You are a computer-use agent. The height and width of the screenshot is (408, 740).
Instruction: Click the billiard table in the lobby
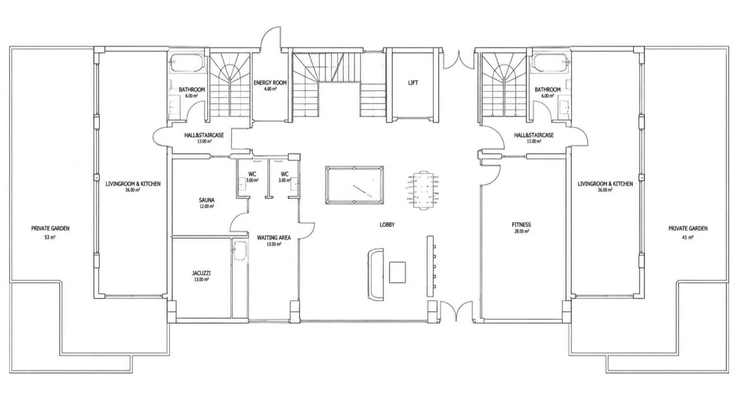pyautogui.click(x=354, y=185)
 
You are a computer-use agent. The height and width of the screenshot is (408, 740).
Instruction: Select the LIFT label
pyautogui.click(x=413, y=83)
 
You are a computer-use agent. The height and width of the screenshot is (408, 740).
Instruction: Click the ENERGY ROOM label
pyautogui.click(x=270, y=83)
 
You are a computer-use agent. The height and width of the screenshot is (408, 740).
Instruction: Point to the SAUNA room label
pyautogui.click(x=206, y=200)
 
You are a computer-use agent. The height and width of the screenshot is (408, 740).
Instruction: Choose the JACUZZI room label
pyautogui.click(x=201, y=273)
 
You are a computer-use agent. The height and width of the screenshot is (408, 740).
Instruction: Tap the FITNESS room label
pyautogui.click(x=521, y=225)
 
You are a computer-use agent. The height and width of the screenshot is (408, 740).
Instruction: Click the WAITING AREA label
pyautogui.click(x=274, y=238)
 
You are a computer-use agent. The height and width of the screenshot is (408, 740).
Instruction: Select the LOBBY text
pyautogui.click(x=387, y=225)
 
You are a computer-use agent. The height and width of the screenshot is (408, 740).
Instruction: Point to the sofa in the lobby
pyautogui.click(x=375, y=274)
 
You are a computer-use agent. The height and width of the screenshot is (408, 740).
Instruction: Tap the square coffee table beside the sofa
pyautogui.click(x=397, y=272)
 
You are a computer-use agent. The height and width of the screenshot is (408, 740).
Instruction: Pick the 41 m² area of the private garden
pyautogui.click(x=688, y=237)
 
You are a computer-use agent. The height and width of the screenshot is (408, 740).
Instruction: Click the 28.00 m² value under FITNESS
pyautogui.click(x=521, y=231)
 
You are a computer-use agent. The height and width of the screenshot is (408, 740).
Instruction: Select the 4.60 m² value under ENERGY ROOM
pyautogui.click(x=270, y=89)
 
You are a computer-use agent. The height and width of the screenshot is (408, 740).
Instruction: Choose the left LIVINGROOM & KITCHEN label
pyautogui.click(x=133, y=184)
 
